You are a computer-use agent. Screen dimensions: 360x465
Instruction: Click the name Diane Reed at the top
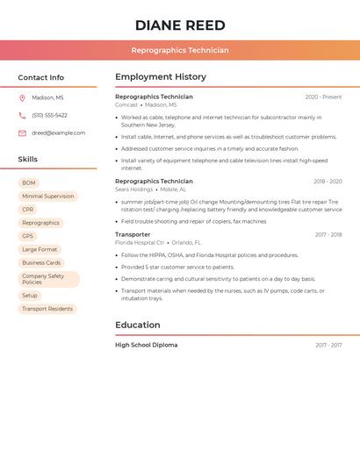tap(180, 25)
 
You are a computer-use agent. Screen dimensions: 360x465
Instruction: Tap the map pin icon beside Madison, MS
tap(22, 98)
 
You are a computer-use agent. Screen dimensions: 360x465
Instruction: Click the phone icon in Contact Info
tap(22, 116)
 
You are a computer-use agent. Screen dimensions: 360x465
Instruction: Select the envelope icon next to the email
tap(22, 133)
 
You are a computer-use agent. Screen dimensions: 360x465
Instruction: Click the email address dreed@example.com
tap(58, 133)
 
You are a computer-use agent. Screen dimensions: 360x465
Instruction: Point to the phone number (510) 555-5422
tap(49, 116)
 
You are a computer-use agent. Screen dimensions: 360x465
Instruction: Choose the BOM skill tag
tap(29, 183)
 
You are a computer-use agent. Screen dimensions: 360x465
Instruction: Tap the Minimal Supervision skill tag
tap(47, 197)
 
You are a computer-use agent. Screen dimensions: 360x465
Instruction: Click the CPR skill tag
tap(28, 210)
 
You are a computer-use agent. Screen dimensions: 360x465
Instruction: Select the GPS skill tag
tap(28, 236)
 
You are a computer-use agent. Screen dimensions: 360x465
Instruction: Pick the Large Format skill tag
tap(40, 249)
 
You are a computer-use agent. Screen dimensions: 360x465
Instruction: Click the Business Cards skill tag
tap(41, 262)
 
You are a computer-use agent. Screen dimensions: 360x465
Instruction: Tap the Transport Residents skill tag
tap(47, 309)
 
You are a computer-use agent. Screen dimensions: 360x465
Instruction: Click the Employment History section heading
tap(161, 77)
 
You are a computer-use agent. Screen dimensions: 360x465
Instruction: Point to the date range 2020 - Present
tap(323, 97)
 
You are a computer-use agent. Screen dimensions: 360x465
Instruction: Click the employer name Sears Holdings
tap(133, 190)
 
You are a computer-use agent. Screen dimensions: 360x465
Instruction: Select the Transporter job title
tap(133, 234)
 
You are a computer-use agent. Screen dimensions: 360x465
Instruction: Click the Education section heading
tap(138, 325)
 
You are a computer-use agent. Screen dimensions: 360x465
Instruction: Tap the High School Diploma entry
tap(146, 345)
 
